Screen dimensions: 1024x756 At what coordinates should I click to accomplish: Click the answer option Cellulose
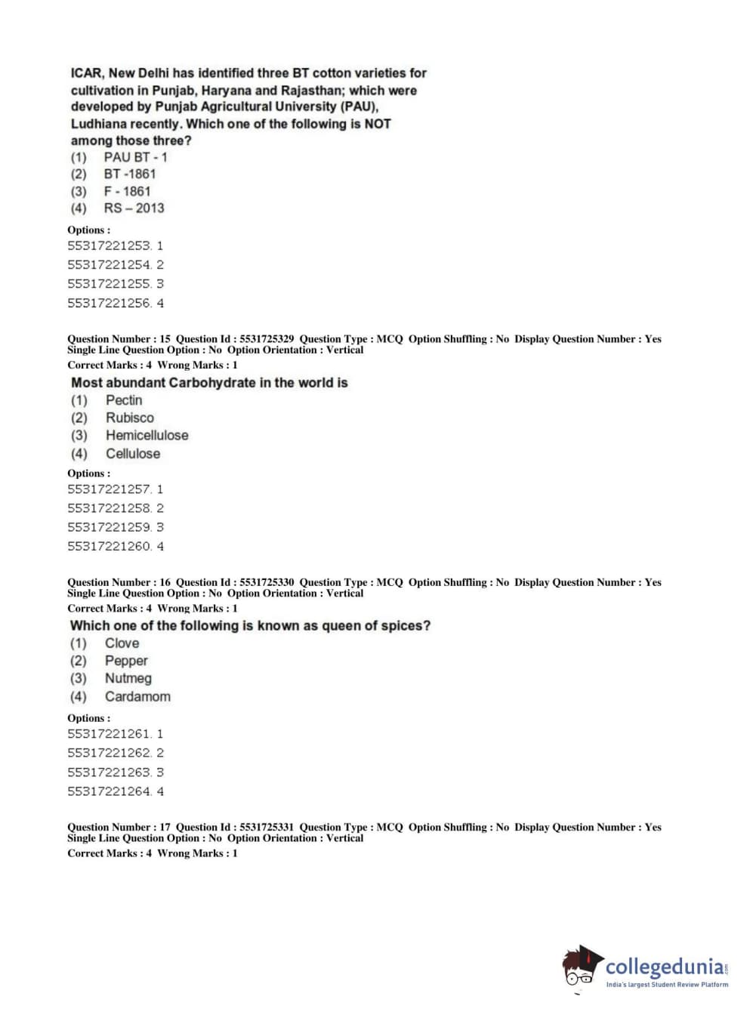132,453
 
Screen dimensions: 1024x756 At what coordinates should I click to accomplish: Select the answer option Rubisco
129,418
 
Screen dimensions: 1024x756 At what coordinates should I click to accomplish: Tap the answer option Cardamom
137,696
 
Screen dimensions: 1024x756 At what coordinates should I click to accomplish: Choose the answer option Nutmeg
128,678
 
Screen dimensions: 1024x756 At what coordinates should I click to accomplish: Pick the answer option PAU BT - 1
135,157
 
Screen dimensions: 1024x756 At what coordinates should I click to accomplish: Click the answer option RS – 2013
134,208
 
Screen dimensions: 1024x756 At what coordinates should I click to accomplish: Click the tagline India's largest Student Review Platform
667,984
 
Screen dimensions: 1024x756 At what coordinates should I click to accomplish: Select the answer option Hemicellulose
147,435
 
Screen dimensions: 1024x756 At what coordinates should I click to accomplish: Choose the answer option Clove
122,643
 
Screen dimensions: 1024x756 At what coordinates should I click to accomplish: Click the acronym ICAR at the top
86,73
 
